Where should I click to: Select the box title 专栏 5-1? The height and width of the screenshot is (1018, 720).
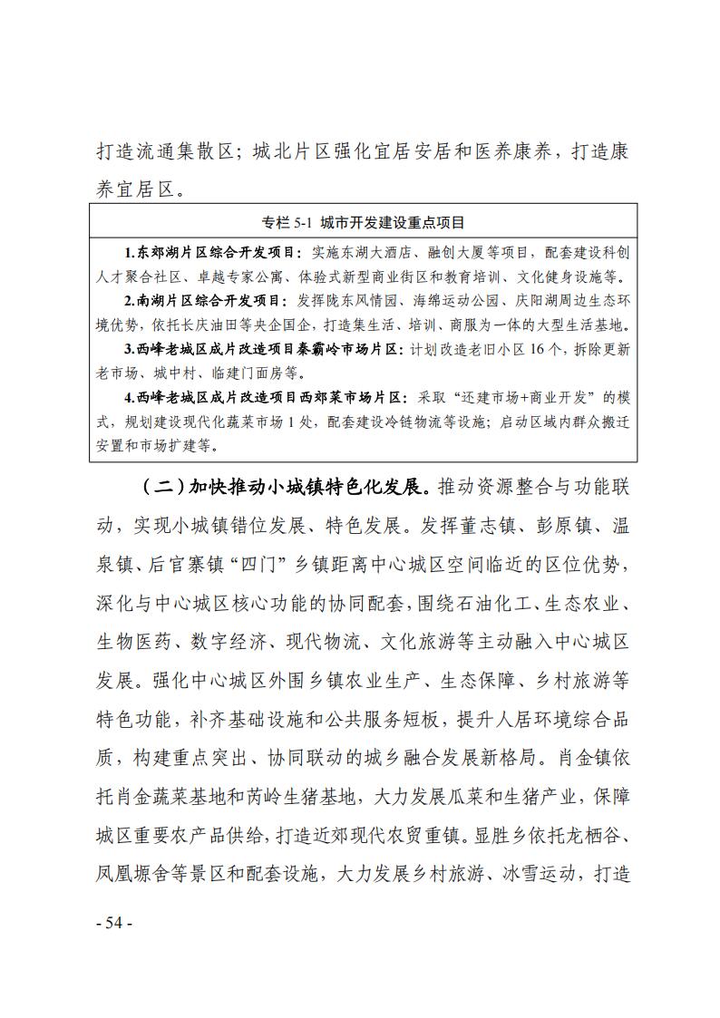click(x=283, y=222)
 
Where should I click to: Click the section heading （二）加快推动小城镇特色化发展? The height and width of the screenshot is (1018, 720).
click(x=286, y=486)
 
